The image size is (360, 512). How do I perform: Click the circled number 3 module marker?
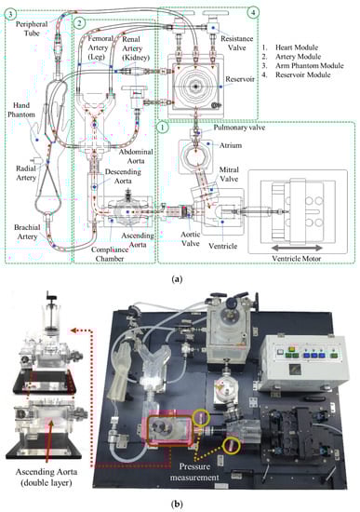pyautogui.click(x=11, y=15)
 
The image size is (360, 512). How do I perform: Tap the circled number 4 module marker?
pyautogui.click(x=253, y=13)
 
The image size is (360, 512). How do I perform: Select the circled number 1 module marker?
pyautogui.click(x=163, y=127)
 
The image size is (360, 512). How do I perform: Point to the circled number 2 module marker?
pyautogui.click(x=80, y=23)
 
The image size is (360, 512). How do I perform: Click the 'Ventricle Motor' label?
pyautogui.click(x=297, y=259)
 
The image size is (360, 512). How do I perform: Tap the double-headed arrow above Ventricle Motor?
pyautogui.click(x=298, y=248)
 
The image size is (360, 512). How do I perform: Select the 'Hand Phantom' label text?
pyautogui.click(x=21, y=110)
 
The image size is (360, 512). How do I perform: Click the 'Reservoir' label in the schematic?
pyautogui.click(x=240, y=79)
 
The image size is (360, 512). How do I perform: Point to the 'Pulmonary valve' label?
pyautogui.click(x=239, y=128)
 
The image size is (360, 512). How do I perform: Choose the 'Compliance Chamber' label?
pyautogui.click(x=110, y=254)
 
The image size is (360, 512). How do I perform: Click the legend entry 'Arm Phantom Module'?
pyautogui.click(x=310, y=66)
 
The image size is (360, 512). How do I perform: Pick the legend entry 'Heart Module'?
pyautogui.click(x=297, y=47)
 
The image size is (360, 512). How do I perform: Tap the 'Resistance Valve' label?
pyautogui.click(x=236, y=43)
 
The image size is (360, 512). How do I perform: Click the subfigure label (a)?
pyautogui.click(x=177, y=279)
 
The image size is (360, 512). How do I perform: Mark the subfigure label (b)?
pyautogui.click(x=177, y=504)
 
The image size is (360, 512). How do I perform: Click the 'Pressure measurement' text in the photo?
pyautogui.click(x=194, y=472)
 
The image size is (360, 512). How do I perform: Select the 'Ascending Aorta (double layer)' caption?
pyautogui.click(x=47, y=477)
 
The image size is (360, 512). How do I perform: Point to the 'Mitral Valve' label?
pyautogui.click(x=229, y=174)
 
